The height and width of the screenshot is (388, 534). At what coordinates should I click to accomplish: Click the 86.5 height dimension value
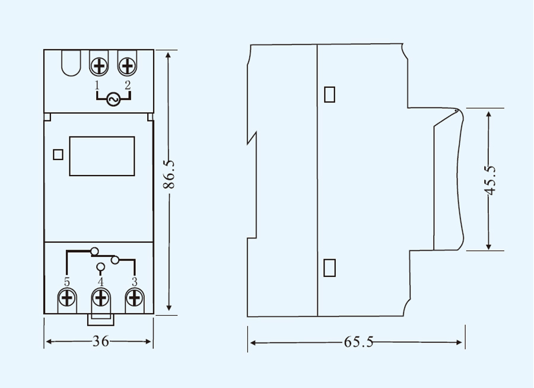[x=170, y=174]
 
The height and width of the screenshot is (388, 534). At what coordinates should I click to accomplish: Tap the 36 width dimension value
[x=100, y=342]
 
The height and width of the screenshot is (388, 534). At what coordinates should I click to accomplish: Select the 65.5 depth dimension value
[x=358, y=342]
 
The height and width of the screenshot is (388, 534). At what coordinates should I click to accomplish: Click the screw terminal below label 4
[x=101, y=297]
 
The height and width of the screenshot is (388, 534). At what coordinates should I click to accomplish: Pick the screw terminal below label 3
[x=135, y=297]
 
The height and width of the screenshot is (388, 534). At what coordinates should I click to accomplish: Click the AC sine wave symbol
[x=113, y=99]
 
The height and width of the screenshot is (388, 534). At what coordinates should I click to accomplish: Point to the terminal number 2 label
[x=127, y=85]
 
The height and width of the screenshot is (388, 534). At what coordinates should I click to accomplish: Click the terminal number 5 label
[x=66, y=281]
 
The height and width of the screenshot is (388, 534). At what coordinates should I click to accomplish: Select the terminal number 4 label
[x=100, y=281]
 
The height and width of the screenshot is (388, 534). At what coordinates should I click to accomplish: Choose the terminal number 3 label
[x=135, y=281]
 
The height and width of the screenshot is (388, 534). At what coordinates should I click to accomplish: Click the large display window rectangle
[x=102, y=156]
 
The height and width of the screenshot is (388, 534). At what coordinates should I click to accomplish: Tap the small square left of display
[x=58, y=154]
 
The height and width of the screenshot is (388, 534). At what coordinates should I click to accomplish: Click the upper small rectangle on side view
[x=330, y=94]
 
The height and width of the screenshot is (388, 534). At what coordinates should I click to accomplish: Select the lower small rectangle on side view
[x=330, y=268]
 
